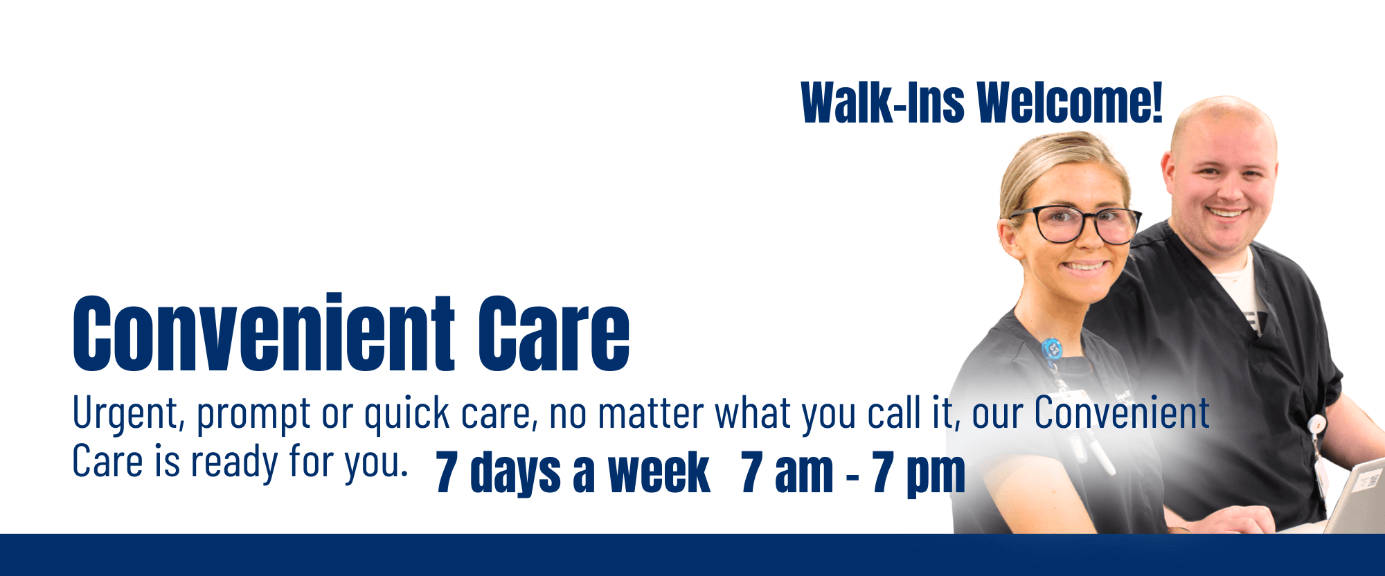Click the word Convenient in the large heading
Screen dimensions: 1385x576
(x=264, y=332)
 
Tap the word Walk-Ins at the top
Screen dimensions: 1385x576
(x=882, y=103)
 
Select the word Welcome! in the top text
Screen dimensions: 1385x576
(x=1070, y=103)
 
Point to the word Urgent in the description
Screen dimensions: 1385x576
(x=128, y=413)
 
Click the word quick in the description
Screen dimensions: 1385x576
(x=407, y=414)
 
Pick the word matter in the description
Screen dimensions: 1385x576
(x=650, y=413)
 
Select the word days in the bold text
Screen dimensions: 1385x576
(x=515, y=474)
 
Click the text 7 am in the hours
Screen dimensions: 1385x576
(x=787, y=473)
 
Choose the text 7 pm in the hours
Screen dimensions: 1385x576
(x=919, y=474)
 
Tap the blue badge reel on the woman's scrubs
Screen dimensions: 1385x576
(x=1051, y=348)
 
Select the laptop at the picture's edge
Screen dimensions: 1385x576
(x=1355, y=496)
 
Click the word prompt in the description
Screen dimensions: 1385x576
(x=253, y=414)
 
